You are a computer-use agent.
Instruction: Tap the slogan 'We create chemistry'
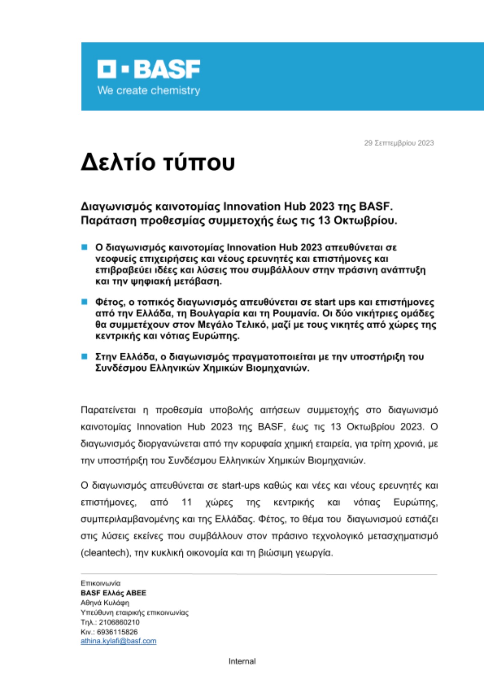tap(149, 91)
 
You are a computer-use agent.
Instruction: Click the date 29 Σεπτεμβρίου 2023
tap(399, 143)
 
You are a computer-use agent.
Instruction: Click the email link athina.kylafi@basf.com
tap(118, 641)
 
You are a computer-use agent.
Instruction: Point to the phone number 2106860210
tap(119, 622)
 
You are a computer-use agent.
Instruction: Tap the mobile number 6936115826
tap(117, 632)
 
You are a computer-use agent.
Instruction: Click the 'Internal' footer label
tap(242, 661)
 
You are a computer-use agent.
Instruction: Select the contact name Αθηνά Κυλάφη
tap(105, 603)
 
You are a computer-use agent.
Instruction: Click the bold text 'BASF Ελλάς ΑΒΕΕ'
tap(113, 593)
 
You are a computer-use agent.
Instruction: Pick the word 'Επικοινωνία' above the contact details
tap(101, 583)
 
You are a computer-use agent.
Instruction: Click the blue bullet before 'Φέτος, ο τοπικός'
tap(85, 302)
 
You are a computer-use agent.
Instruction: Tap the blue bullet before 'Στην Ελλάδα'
tap(85, 356)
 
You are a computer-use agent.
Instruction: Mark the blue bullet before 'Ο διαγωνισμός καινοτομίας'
tap(85, 247)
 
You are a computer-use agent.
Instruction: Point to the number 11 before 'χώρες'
tap(187, 502)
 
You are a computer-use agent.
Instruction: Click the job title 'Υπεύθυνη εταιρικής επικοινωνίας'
tap(135, 613)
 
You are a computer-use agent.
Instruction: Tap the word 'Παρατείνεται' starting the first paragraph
tap(108, 410)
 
